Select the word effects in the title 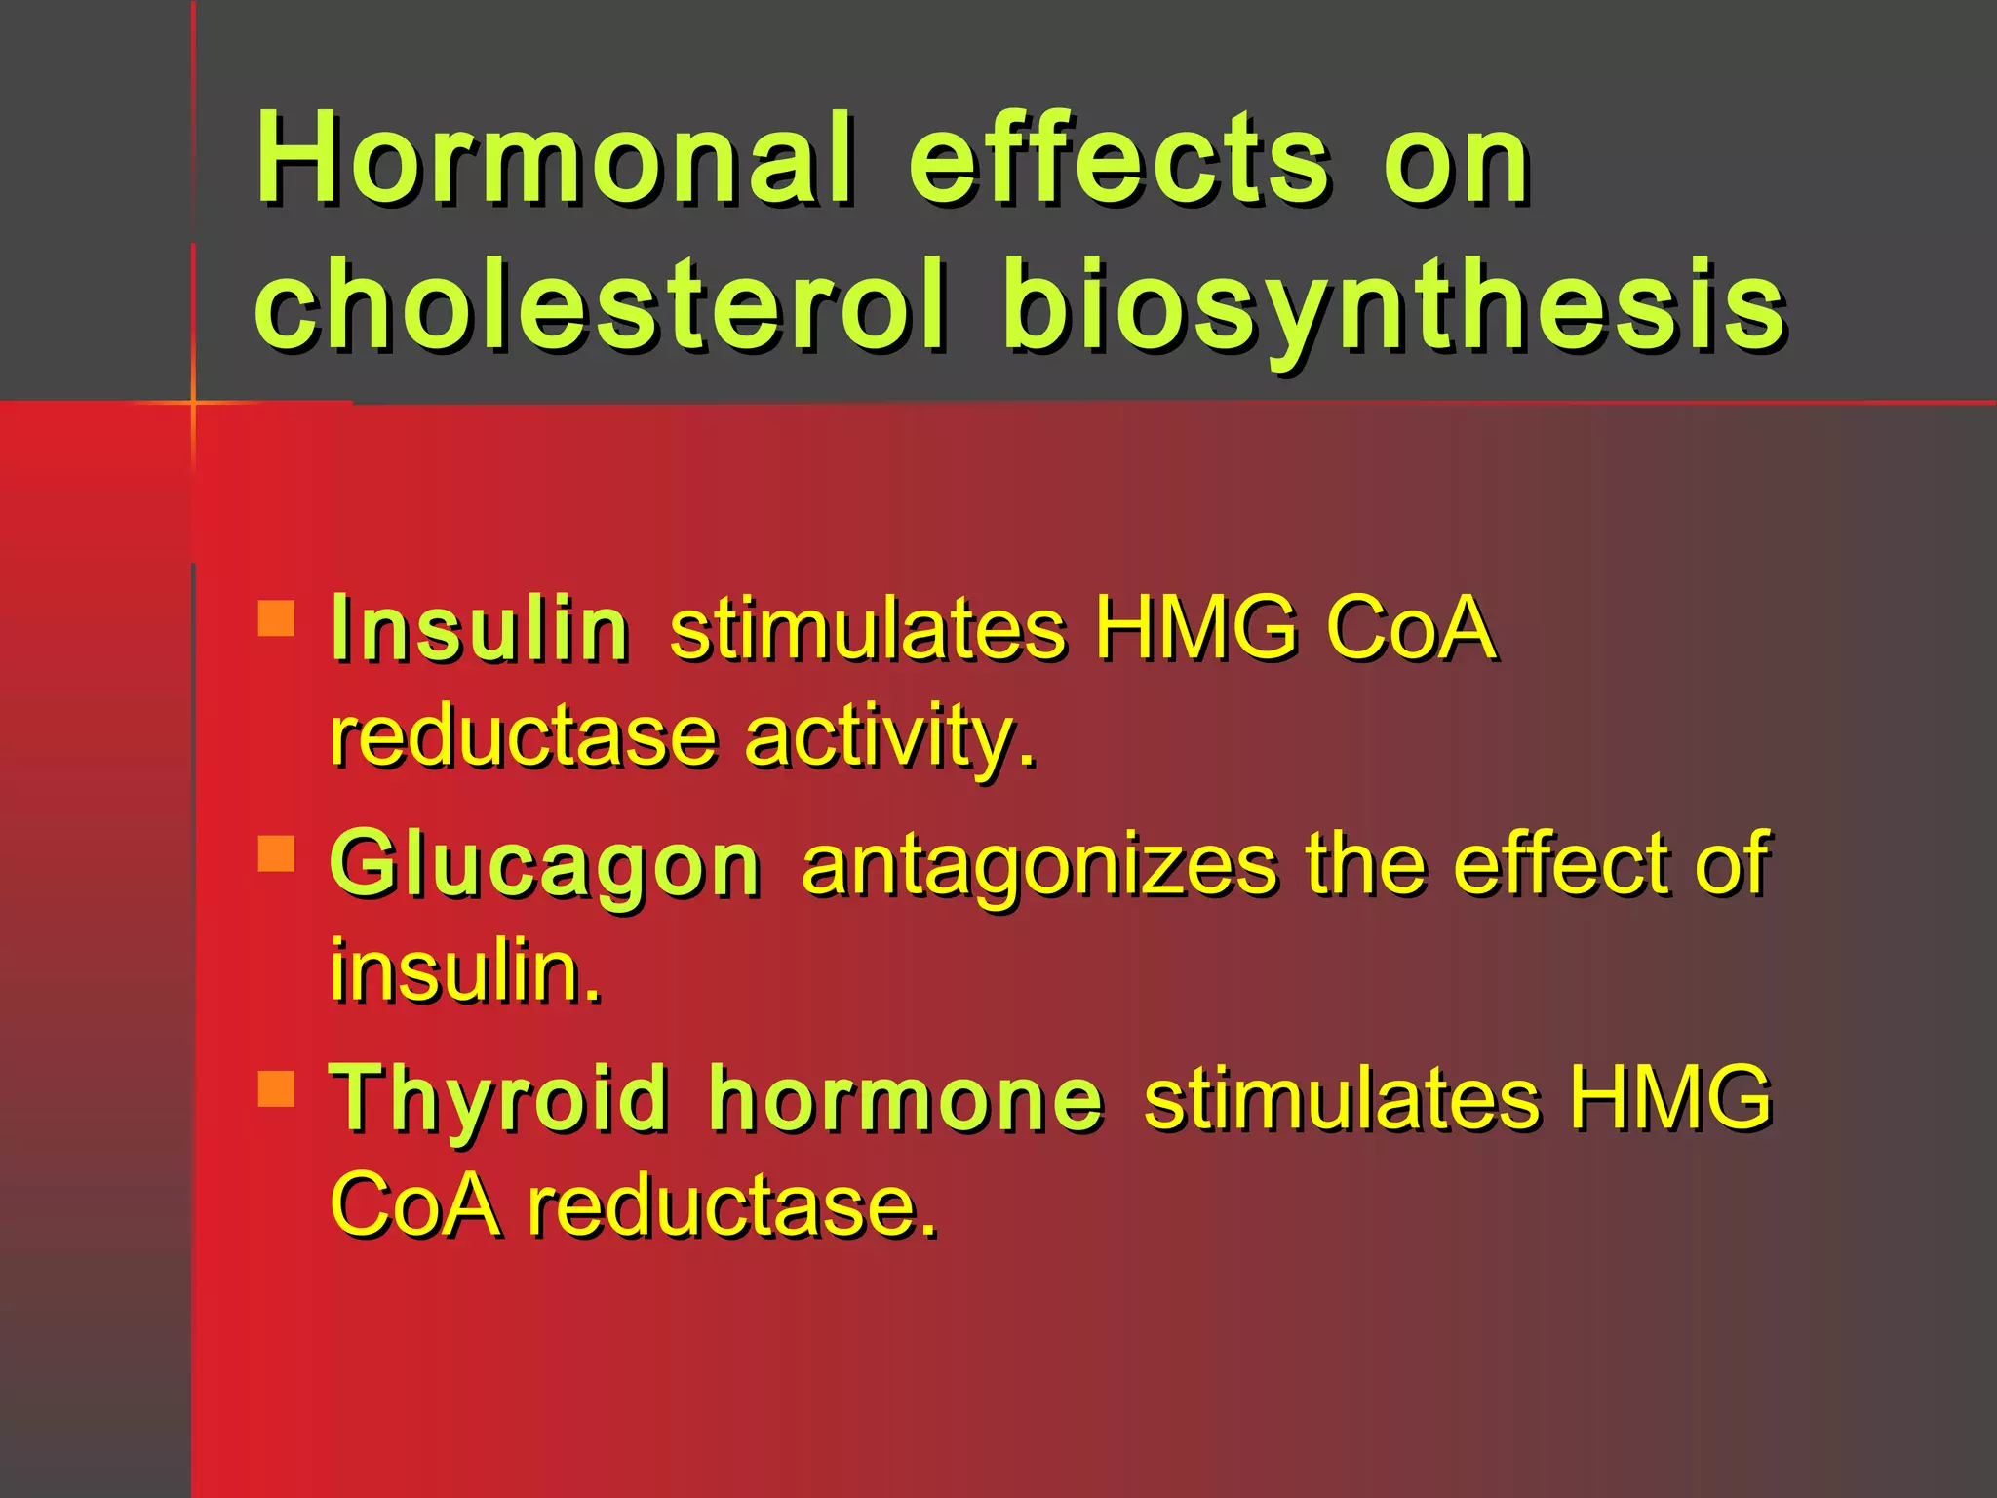click(1119, 158)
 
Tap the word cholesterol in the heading click(600, 304)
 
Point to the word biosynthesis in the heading click(1394, 304)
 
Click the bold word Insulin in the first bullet click(480, 629)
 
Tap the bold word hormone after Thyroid click(907, 1100)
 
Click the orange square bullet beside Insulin click(277, 618)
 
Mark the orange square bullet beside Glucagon click(277, 853)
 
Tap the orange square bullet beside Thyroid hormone click(277, 1089)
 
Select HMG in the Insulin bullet click(1195, 629)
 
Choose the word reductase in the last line click(731, 1206)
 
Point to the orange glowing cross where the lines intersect click(193, 402)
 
